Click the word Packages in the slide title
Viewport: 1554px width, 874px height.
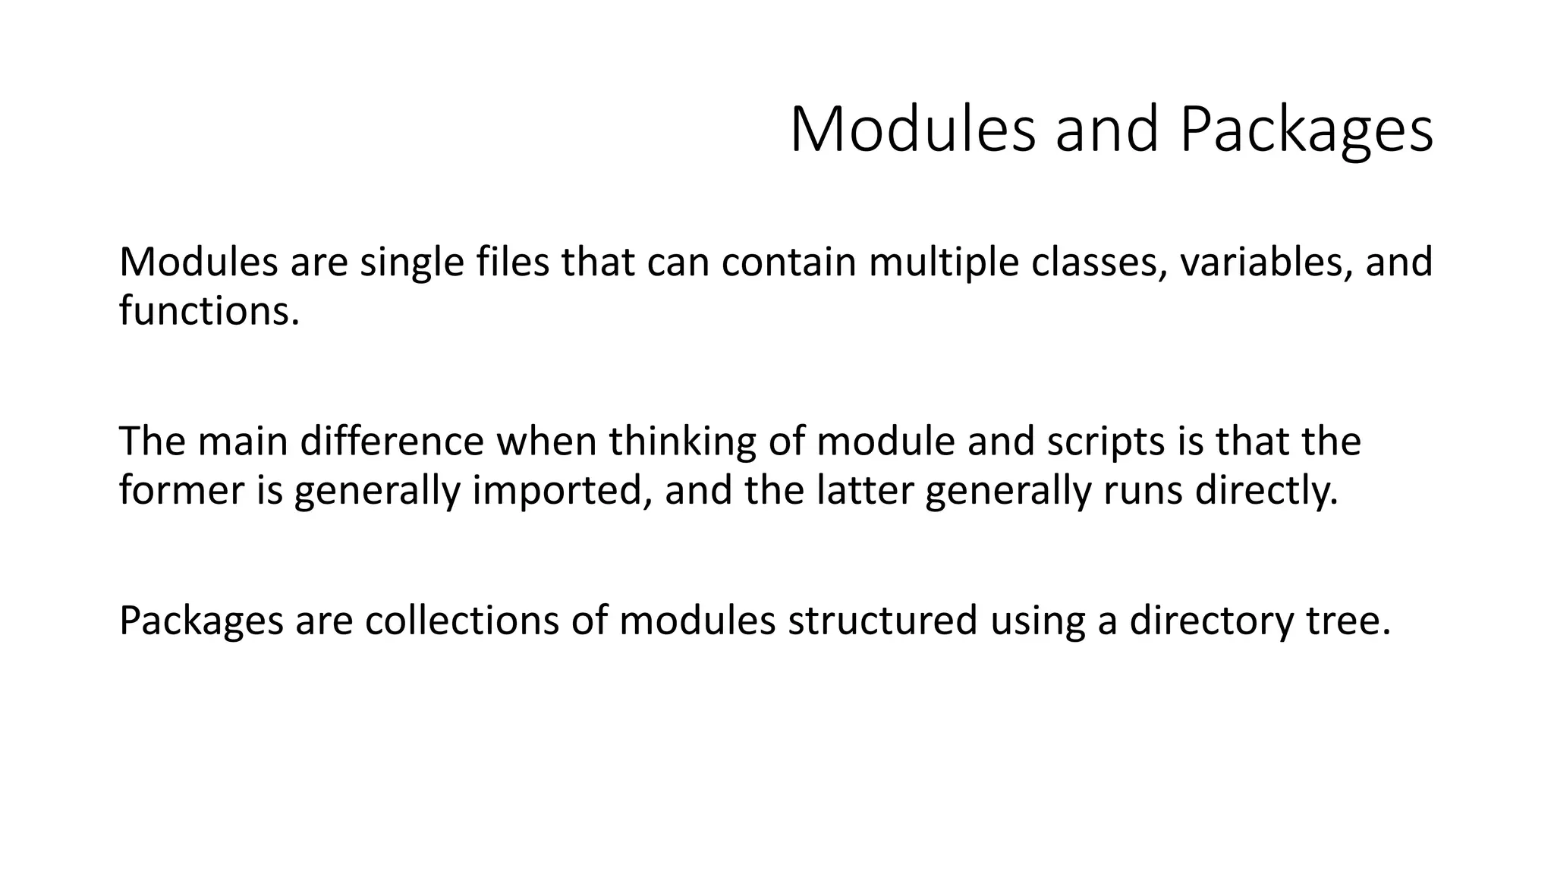pyautogui.click(x=1306, y=130)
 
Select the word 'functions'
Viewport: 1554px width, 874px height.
pyautogui.click(x=205, y=311)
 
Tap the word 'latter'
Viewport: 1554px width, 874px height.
pyautogui.click(x=865, y=490)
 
